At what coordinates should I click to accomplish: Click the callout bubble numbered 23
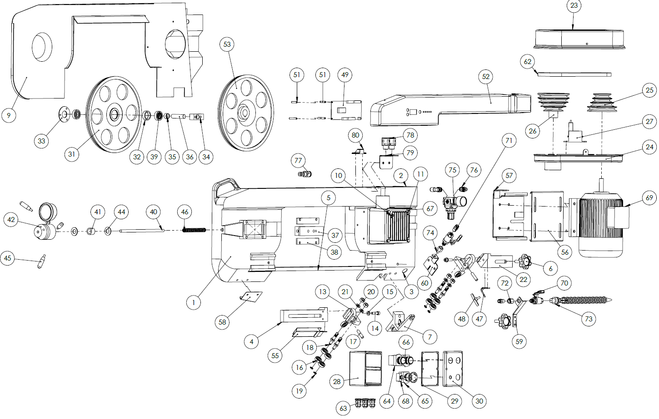[574, 5]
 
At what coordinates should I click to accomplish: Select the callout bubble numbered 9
[9, 115]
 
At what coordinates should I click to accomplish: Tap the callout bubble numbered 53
[227, 44]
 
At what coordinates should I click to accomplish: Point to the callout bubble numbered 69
[649, 198]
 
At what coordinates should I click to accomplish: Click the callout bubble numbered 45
[8, 258]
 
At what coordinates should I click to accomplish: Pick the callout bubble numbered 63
[343, 408]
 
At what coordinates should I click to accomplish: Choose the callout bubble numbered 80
[355, 135]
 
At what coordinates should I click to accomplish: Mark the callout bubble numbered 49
[345, 75]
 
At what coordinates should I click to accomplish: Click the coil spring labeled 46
[194, 230]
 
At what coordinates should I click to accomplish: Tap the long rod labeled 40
[142, 231]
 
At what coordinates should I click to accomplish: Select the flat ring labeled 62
[574, 74]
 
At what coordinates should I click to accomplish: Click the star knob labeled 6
[525, 261]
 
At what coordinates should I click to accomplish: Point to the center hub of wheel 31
[115, 114]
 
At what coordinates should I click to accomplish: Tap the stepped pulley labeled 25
[601, 103]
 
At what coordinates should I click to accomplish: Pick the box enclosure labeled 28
[366, 369]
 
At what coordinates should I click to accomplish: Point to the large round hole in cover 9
[42, 47]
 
